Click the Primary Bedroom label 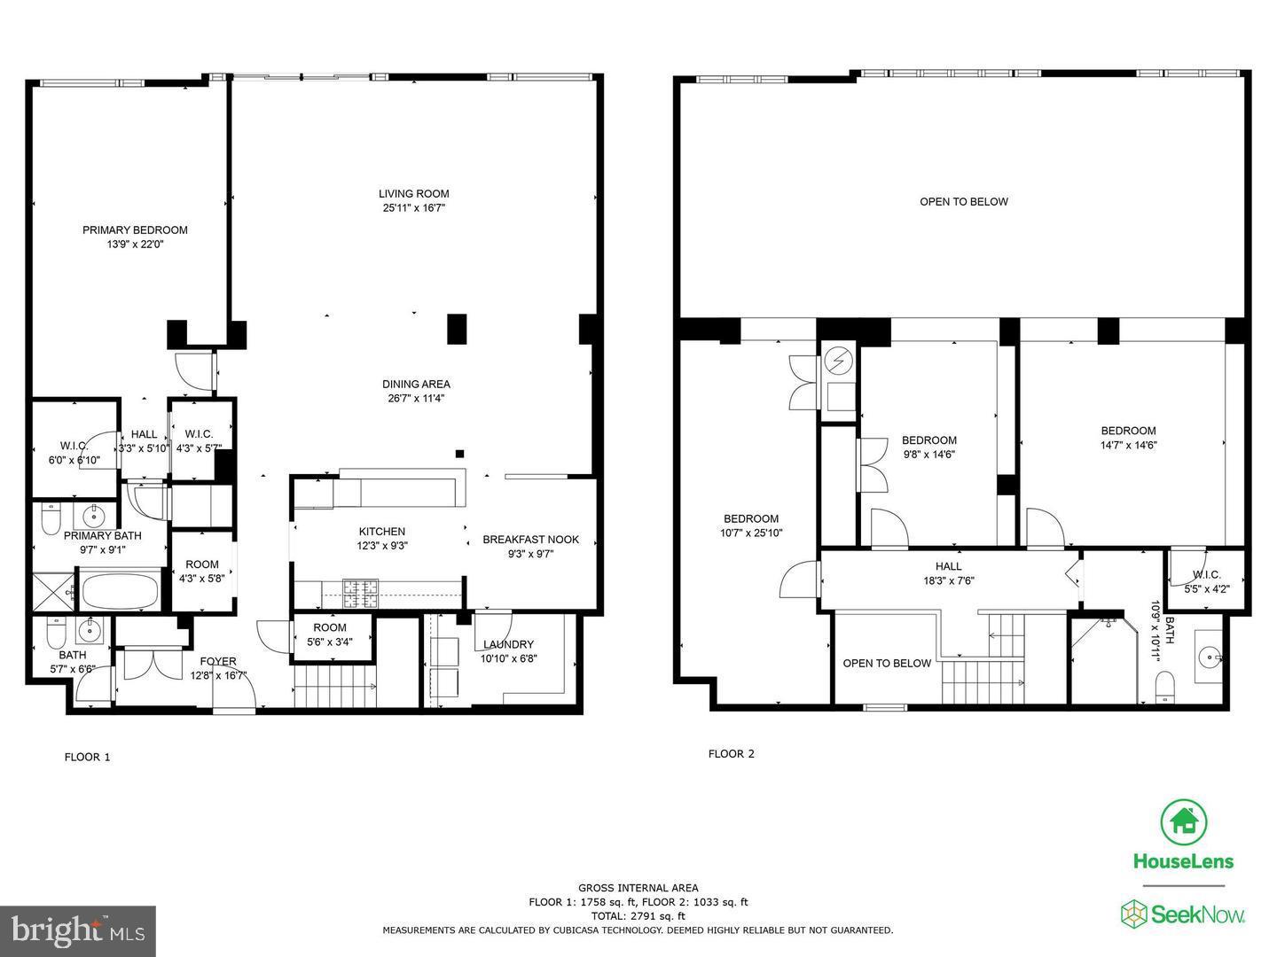point(135,230)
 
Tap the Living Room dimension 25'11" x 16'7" point(413,208)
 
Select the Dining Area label point(416,385)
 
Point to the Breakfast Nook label point(530,540)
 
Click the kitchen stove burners point(361,593)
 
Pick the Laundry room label point(508,644)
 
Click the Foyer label point(217,662)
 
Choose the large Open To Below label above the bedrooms point(963,202)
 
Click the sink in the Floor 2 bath point(1211,657)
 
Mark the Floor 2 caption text point(731,754)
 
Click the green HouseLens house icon point(1184,822)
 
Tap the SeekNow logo point(1183,914)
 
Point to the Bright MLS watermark point(78,930)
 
